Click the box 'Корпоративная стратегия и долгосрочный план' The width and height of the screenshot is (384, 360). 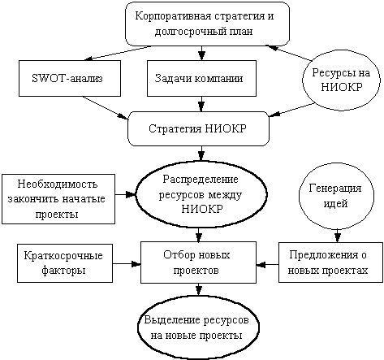point(207,24)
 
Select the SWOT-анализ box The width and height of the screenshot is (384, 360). point(70,78)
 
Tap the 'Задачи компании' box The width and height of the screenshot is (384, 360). point(201,78)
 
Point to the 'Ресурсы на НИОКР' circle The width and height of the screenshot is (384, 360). point(341,80)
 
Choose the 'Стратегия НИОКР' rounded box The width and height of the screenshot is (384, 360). point(198,129)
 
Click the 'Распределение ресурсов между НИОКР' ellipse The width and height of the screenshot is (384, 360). point(201,194)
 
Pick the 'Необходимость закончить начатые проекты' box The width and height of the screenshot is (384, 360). point(58,199)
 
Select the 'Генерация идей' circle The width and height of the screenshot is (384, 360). point(336,196)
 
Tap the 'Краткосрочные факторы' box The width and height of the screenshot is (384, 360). point(65,263)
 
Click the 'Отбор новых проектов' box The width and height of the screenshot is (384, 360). point(198,262)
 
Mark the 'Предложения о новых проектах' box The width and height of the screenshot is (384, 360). point(330,262)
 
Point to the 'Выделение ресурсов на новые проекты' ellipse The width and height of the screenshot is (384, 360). point(198,328)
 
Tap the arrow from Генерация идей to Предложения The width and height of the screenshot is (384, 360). point(337,236)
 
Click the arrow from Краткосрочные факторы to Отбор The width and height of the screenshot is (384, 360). point(127,263)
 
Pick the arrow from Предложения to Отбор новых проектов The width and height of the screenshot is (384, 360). point(268,264)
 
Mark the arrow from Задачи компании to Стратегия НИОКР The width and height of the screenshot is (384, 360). point(201,104)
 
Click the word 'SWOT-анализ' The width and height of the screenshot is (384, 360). point(67,78)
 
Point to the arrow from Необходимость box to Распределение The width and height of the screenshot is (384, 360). point(125,194)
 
